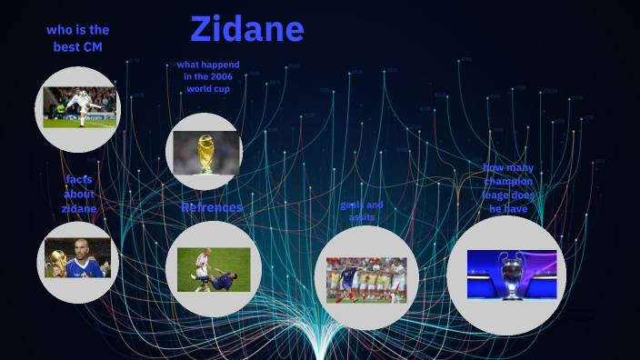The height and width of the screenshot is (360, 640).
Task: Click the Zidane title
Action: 246,29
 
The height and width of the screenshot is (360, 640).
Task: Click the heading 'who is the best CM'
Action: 77,38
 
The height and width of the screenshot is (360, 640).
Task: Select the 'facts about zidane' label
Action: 79,194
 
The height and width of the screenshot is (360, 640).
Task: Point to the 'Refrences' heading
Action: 212,207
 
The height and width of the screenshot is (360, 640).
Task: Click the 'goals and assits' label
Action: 362,211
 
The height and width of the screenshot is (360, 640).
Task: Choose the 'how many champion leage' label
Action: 509,188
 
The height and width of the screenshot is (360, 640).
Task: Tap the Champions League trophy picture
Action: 512,275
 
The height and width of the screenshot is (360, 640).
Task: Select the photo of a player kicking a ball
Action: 80,106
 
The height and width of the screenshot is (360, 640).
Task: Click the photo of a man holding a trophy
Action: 77,257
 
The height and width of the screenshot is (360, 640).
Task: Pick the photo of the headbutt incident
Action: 213,269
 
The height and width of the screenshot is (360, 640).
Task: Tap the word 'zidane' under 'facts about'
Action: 79,208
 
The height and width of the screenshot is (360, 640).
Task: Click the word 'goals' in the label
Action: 352,205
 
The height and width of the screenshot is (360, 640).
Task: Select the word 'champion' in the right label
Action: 509,181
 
